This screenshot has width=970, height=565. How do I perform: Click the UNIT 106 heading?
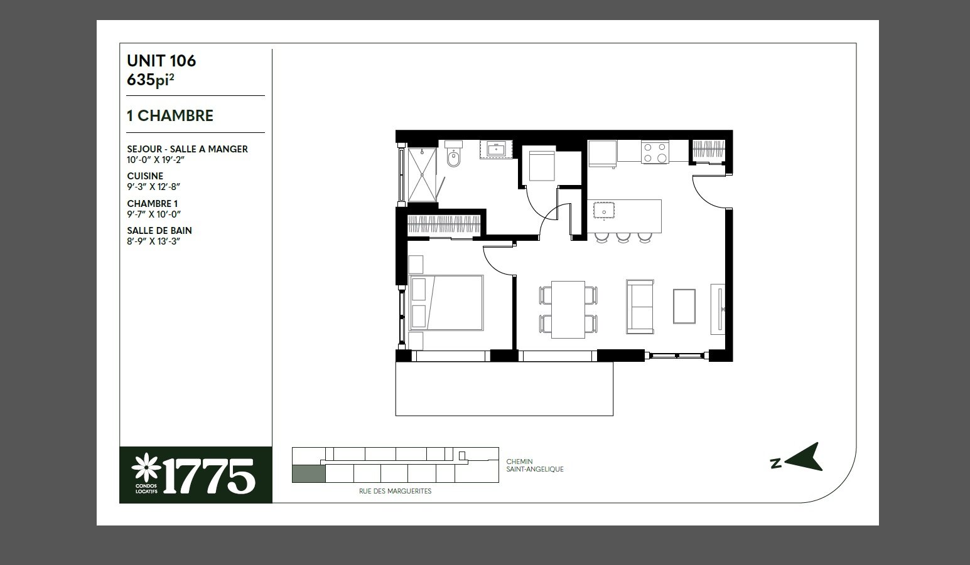tap(161, 61)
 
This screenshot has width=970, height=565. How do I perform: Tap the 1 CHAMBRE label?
tap(170, 116)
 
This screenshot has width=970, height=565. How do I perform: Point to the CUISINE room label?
tap(145, 176)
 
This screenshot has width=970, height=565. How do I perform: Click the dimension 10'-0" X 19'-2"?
tap(156, 160)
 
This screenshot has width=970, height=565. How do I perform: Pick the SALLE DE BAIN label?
tap(159, 231)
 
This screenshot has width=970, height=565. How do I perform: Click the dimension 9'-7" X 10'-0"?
tap(154, 214)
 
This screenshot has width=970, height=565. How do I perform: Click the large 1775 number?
tap(208, 476)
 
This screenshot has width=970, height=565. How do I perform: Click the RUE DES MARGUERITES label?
tap(395, 492)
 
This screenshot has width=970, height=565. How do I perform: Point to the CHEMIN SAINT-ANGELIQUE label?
tap(535, 465)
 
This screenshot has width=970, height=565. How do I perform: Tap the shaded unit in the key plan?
tap(309, 474)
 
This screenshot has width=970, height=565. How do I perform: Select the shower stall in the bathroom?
tap(422, 175)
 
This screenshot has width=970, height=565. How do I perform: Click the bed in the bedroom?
tap(446, 303)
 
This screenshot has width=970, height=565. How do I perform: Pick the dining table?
tap(568, 309)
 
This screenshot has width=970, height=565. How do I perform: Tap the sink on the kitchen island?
tap(604, 211)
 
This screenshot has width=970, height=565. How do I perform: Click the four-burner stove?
tap(655, 152)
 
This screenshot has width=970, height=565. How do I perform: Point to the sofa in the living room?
tap(640, 307)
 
